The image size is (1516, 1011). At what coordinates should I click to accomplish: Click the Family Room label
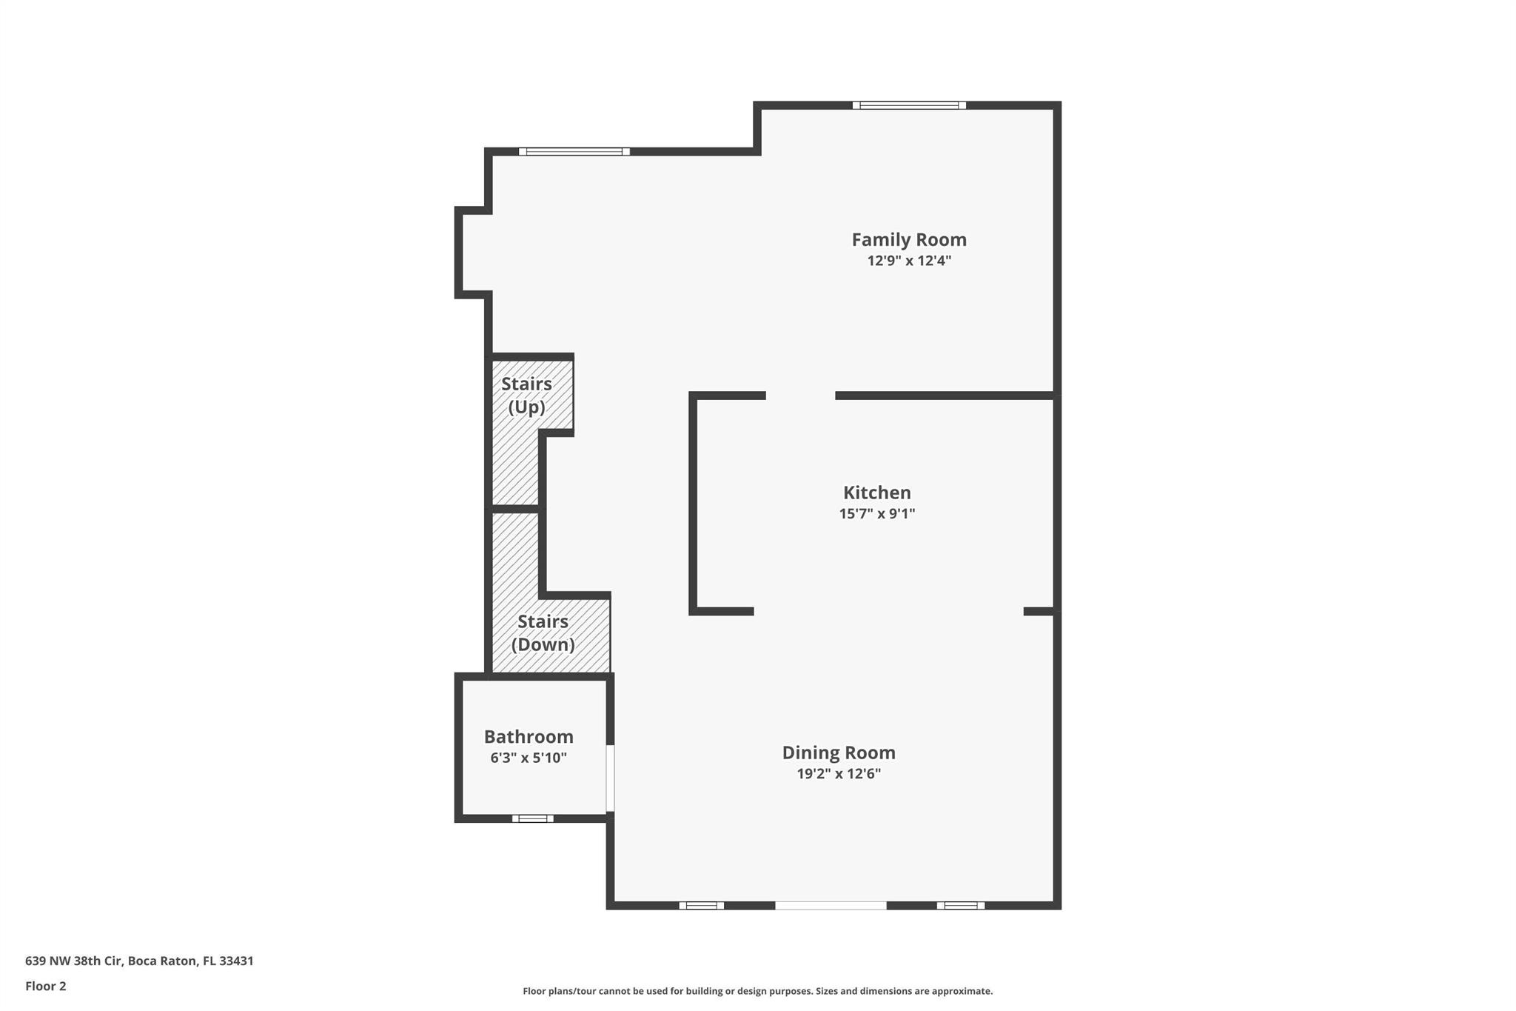coord(909,240)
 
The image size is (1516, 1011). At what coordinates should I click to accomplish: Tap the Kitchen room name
coord(877,493)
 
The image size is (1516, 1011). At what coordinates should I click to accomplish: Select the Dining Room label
coord(839,753)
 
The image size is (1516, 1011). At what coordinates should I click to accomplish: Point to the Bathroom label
coord(529,737)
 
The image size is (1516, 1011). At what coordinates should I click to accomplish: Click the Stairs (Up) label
coord(526,396)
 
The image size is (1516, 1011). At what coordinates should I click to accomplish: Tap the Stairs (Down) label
coord(543,633)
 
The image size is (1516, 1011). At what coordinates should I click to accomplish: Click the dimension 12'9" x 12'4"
coord(909,261)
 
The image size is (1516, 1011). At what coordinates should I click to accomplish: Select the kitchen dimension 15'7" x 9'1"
coord(877,513)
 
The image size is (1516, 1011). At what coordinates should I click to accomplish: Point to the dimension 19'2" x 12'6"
coord(839,774)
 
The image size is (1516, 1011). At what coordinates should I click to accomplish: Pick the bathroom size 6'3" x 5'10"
coord(529,758)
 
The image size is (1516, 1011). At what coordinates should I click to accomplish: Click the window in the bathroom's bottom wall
coord(533,818)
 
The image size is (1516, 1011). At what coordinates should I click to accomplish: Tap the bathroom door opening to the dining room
coord(611,778)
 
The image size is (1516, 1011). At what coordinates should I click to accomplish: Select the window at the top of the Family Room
coord(909,105)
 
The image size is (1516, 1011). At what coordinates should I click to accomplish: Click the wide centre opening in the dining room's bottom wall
coord(831,905)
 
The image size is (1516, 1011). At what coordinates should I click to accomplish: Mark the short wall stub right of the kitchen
coord(1039,611)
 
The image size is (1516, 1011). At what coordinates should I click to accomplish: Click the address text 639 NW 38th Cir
coord(73,961)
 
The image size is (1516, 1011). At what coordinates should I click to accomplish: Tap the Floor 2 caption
coord(46,986)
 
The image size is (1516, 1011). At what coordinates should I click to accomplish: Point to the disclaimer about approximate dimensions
coord(758,991)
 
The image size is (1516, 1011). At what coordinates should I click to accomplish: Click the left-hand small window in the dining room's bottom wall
coord(702,905)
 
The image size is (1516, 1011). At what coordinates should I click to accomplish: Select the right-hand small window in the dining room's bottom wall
coord(961,905)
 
